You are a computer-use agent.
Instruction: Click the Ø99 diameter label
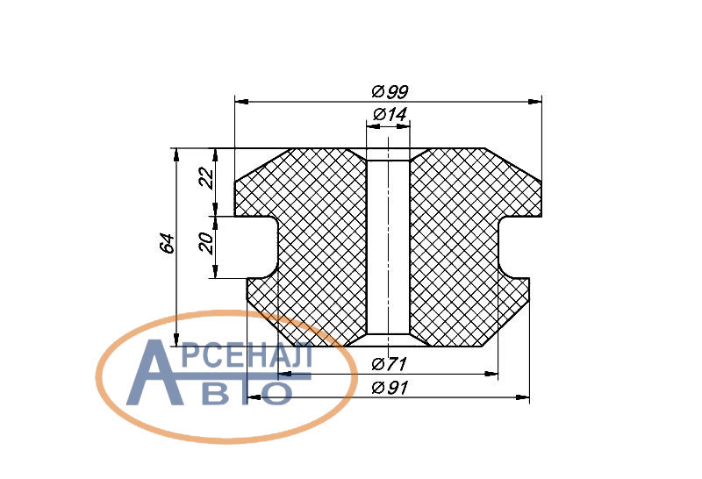pos(390,92)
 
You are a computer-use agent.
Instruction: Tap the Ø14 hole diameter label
pos(390,115)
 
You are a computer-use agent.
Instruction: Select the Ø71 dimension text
pos(389,364)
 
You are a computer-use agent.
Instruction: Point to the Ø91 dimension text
pos(390,388)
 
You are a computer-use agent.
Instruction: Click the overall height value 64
pos(168,244)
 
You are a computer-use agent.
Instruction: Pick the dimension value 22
pos(207,179)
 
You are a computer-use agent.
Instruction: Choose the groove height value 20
pos(206,243)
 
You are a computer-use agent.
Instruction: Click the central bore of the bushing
pos(388,247)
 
